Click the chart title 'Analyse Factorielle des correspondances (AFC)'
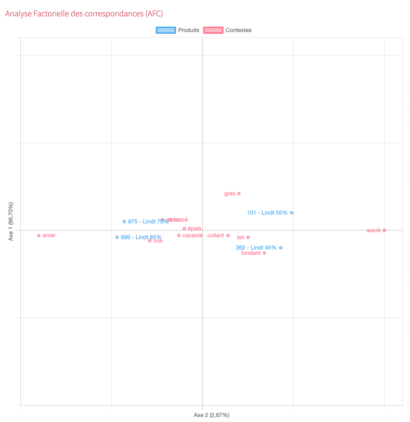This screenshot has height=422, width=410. [84, 14]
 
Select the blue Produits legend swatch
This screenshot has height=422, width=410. [166, 30]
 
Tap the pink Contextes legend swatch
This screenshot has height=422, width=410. [213, 30]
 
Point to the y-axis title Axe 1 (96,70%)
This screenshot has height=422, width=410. [11, 221]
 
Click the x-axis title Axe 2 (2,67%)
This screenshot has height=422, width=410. [211, 415]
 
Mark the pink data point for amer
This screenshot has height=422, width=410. [39, 236]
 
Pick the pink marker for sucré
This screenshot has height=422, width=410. [384, 230]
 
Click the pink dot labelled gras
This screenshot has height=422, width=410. [239, 193]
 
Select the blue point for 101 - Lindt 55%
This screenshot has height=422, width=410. [292, 213]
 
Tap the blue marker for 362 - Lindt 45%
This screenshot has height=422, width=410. [281, 248]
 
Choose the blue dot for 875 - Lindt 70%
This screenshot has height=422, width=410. [124, 221]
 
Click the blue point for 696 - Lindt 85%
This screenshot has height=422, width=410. [117, 237]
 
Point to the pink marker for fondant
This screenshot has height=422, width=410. [264, 253]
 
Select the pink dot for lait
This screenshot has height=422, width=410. [248, 237]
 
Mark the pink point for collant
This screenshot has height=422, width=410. [228, 236]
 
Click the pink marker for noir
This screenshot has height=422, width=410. [150, 241]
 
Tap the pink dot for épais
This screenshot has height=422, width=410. [184, 229]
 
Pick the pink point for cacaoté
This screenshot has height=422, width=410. [179, 236]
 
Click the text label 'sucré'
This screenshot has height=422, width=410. [373, 230]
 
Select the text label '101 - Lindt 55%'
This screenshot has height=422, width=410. [267, 213]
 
